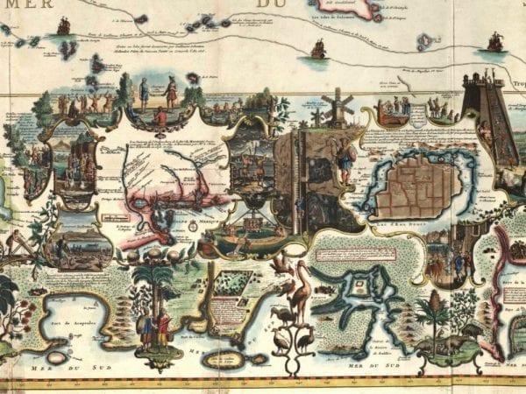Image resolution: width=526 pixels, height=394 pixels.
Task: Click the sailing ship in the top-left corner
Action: pos(63,25)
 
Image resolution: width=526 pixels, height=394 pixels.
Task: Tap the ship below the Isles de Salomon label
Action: pos(317,50)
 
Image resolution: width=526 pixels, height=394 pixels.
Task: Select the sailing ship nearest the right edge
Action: pos(495,41)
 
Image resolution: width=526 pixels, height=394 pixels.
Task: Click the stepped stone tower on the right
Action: pos(480,123)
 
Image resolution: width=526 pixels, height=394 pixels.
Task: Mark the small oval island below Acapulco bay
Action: pos(58,357)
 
